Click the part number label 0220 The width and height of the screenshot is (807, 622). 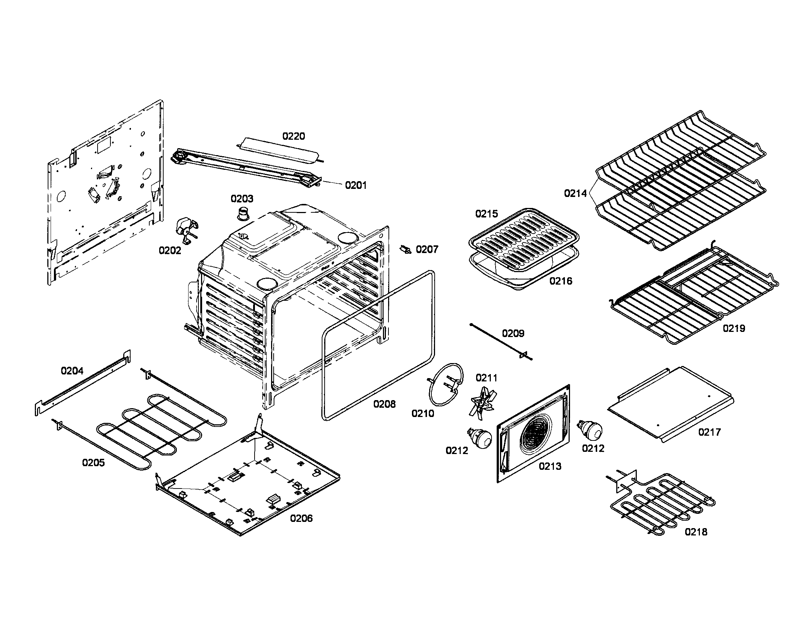[x=294, y=136]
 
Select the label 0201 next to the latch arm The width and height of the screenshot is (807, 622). [x=355, y=186]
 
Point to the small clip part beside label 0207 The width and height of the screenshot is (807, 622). [x=405, y=250]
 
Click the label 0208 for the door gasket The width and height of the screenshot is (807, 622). [x=384, y=404]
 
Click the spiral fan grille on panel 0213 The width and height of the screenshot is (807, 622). [x=535, y=437]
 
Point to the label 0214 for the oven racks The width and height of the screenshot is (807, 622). [x=575, y=193]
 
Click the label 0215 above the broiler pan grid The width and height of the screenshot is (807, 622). [x=487, y=214]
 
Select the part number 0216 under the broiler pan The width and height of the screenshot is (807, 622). [x=560, y=281]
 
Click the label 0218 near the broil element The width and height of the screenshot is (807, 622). [x=696, y=532]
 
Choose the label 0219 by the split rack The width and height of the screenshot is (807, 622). [x=734, y=328]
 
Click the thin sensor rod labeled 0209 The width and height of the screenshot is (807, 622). [x=501, y=341]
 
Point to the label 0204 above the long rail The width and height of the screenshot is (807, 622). [x=72, y=370]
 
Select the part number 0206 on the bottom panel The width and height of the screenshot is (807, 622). [x=301, y=518]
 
